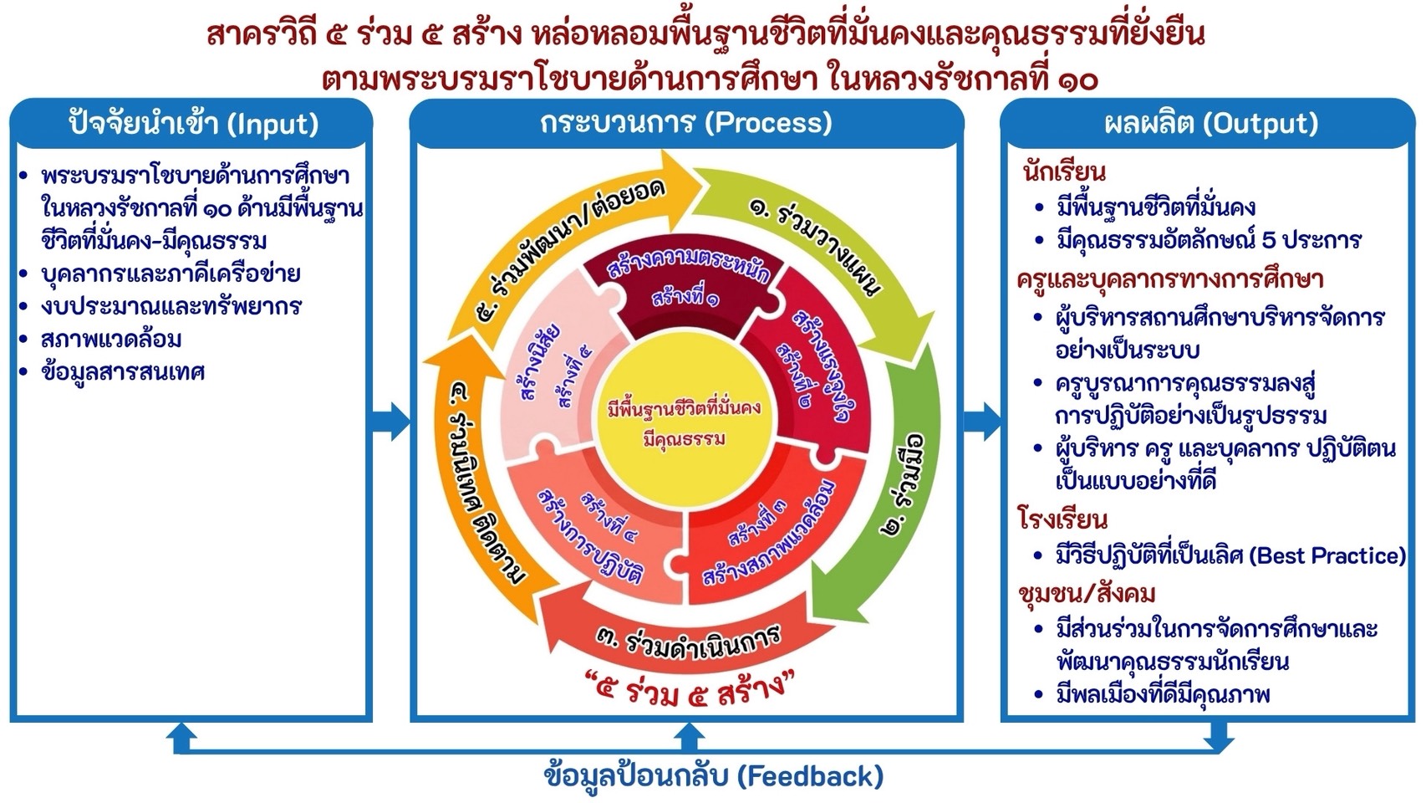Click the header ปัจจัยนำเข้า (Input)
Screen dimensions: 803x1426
192,124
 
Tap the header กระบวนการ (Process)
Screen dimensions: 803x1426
685,123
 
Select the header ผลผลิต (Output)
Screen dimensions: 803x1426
1210,124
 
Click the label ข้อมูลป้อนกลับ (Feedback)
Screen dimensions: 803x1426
713,776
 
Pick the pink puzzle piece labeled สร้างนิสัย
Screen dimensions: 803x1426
552,368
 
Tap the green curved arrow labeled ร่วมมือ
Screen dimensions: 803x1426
907,485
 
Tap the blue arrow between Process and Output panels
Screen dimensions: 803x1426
982,421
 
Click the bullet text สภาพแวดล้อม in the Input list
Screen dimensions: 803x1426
111,340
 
